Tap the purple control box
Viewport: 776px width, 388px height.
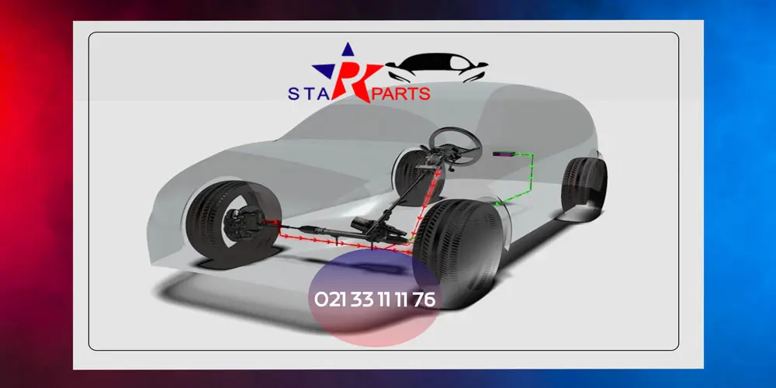(x=504, y=155)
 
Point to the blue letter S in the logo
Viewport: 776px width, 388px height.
(x=293, y=94)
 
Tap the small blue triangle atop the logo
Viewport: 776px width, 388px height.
(x=348, y=49)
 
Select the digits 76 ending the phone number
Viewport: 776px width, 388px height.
(x=424, y=300)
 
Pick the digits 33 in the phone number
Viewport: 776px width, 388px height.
(x=362, y=300)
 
